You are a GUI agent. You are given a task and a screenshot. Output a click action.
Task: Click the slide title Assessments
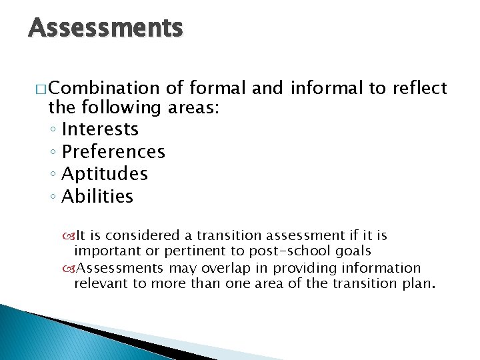[105, 28]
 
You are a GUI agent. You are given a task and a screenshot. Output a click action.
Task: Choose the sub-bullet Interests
[100, 129]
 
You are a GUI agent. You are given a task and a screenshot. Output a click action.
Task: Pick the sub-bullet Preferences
[113, 152]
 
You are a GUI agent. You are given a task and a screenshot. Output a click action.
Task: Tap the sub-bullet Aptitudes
[105, 174]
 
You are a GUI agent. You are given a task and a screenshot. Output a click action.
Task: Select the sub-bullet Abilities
[97, 197]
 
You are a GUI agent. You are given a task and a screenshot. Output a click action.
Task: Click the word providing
[307, 268]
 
